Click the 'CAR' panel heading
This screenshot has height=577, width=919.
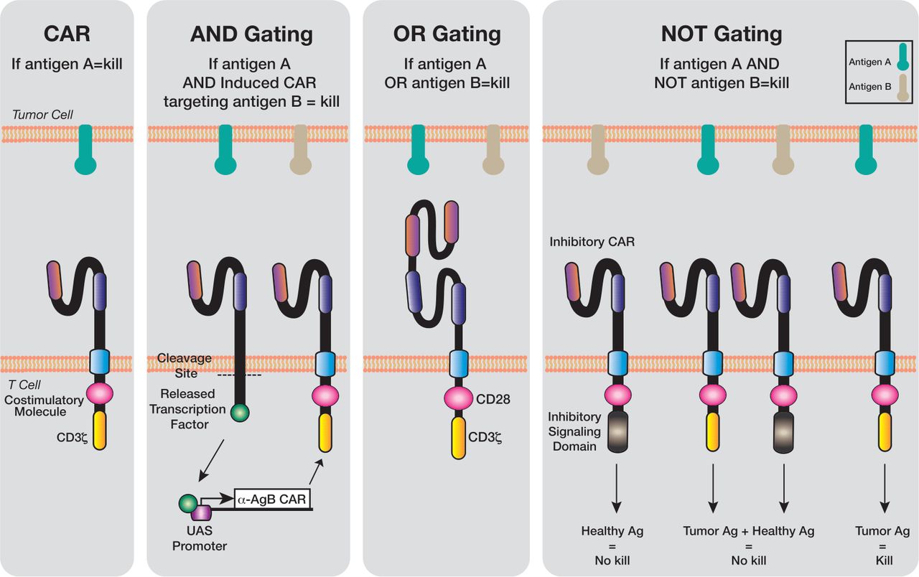67,34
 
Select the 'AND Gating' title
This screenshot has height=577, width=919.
251,34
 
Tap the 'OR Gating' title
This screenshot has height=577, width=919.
446,34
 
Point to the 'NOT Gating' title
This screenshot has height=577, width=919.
722,34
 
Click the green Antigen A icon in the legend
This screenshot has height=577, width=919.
902,63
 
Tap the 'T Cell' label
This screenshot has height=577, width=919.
25,385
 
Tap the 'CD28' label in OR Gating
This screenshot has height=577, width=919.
493,398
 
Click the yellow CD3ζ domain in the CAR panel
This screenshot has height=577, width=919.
100,429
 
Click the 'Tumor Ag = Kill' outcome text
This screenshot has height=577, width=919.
882,545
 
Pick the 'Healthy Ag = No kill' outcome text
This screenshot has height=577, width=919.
612,545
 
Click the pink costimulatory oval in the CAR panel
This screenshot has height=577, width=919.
100,394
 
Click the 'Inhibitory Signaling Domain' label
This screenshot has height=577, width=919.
572,431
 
